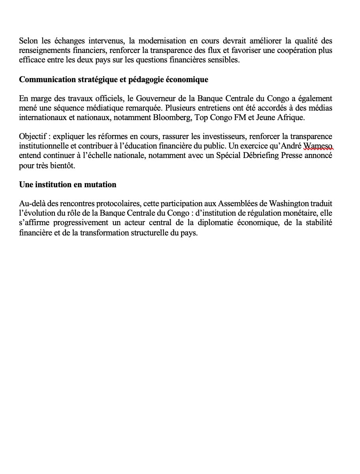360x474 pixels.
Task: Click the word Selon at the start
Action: [28, 41]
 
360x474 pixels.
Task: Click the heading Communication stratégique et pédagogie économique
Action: [114, 79]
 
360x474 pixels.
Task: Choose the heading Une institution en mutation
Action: [67, 184]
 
